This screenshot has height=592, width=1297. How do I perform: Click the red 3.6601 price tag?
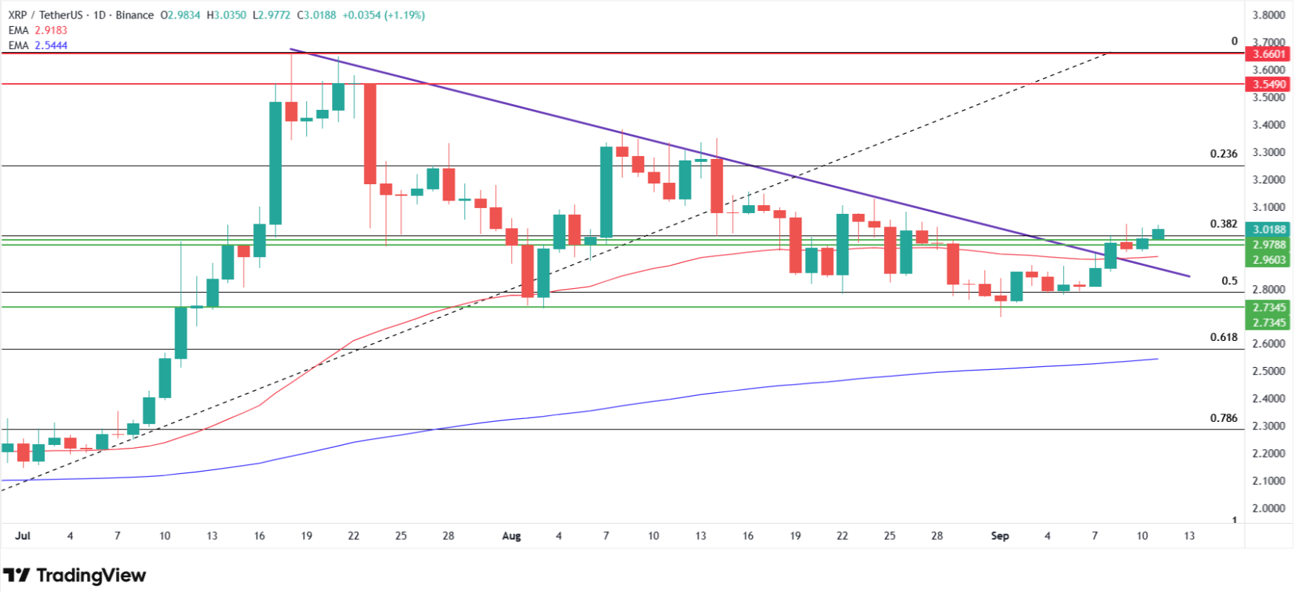click(1269, 54)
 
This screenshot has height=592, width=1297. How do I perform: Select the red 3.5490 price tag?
click(1269, 85)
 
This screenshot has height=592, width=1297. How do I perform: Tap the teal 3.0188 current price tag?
click(1269, 230)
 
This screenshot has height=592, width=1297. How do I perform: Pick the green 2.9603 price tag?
click(1269, 260)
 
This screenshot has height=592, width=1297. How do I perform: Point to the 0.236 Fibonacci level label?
click(1223, 154)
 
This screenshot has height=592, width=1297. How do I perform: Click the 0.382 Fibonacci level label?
click(1223, 224)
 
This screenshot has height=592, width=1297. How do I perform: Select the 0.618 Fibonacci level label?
click(1223, 337)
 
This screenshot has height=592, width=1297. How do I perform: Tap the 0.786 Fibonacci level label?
click(1223, 417)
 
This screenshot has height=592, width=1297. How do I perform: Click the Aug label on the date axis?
click(511, 536)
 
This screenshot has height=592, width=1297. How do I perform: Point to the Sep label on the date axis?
click(1000, 536)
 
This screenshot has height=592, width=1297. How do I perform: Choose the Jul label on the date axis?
click(23, 536)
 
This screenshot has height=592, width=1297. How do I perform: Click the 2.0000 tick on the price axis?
click(1269, 509)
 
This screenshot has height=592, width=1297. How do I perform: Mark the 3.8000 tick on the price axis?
click(1269, 15)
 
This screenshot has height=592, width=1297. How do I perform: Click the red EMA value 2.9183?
click(51, 30)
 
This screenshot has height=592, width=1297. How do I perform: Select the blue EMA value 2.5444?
click(51, 45)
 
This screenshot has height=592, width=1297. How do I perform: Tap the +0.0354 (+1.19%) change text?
click(383, 15)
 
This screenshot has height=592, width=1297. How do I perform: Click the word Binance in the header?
click(134, 15)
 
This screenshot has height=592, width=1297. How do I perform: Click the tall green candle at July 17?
click(276, 163)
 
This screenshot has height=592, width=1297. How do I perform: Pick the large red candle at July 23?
click(369, 134)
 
